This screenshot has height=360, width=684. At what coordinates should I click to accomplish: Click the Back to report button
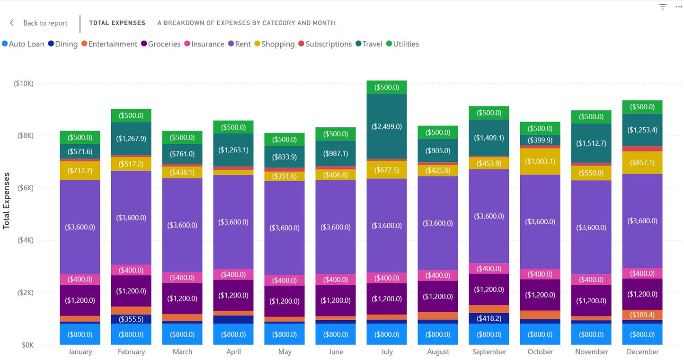click(39, 23)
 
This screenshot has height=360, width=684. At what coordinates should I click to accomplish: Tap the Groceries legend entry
click(160, 44)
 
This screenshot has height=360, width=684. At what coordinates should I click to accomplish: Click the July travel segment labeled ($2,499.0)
click(387, 126)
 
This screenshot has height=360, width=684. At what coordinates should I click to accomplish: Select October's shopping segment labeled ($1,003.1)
click(540, 161)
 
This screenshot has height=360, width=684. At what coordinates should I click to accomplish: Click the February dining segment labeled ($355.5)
click(131, 319)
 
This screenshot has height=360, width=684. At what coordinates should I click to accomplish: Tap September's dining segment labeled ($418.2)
click(489, 318)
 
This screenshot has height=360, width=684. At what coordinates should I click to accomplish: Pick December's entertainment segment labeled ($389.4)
click(642, 315)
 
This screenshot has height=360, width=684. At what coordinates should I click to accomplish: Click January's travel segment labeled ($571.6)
click(80, 151)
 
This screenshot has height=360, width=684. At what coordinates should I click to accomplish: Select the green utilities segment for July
click(387, 88)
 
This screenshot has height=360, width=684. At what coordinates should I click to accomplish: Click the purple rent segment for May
click(284, 228)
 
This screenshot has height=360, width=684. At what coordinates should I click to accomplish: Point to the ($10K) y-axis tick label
click(24, 83)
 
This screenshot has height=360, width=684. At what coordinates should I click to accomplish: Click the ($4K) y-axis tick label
click(25, 240)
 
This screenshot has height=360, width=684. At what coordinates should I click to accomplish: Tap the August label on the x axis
click(438, 351)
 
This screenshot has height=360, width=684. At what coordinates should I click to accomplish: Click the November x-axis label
click(591, 351)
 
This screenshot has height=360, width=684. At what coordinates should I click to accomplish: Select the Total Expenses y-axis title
click(7, 201)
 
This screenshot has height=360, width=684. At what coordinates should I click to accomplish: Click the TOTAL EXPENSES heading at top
click(117, 23)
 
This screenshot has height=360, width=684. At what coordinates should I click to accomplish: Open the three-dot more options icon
click(678, 7)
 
